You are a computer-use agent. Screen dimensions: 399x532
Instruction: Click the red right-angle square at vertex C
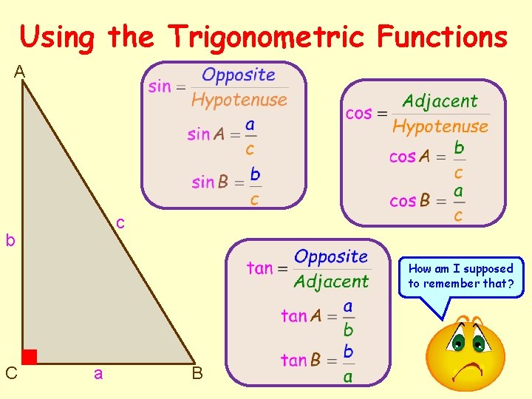pyautogui.click(x=29, y=357)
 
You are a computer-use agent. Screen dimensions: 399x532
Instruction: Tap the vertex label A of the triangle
pyautogui.click(x=19, y=72)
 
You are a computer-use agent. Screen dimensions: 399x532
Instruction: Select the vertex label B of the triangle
pyautogui.click(x=197, y=373)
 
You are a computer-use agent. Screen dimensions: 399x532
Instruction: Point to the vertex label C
pyautogui.click(x=11, y=373)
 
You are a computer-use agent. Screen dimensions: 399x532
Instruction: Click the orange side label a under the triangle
pyautogui.click(x=98, y=374)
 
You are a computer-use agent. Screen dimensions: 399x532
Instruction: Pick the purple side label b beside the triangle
pyautogui.click(x=10, y=240)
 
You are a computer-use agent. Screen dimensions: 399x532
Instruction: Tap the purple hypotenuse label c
pyautogui.click(x=120, y=222)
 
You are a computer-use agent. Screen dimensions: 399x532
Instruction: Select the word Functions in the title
pyautogui.click(x=443, y=36)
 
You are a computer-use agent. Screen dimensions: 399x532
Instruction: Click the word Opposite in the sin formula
pyautogui.click(x=239, y=75)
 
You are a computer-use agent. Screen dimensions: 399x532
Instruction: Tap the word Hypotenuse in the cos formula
pyautogui.click(x=440, y=126)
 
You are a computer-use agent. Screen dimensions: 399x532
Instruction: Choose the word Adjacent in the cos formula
pyautogui.click(x=440, y=101)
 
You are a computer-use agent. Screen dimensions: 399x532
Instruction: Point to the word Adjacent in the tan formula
pyautogui.click(x=331, y=282)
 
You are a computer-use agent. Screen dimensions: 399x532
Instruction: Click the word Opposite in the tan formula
pyautogui.click(x=331, y=256)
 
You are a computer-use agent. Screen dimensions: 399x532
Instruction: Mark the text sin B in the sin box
pyautogui.click(x=210, y=183)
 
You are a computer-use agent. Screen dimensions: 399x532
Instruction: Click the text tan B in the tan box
pyautogui.click(x=301, y=361)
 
